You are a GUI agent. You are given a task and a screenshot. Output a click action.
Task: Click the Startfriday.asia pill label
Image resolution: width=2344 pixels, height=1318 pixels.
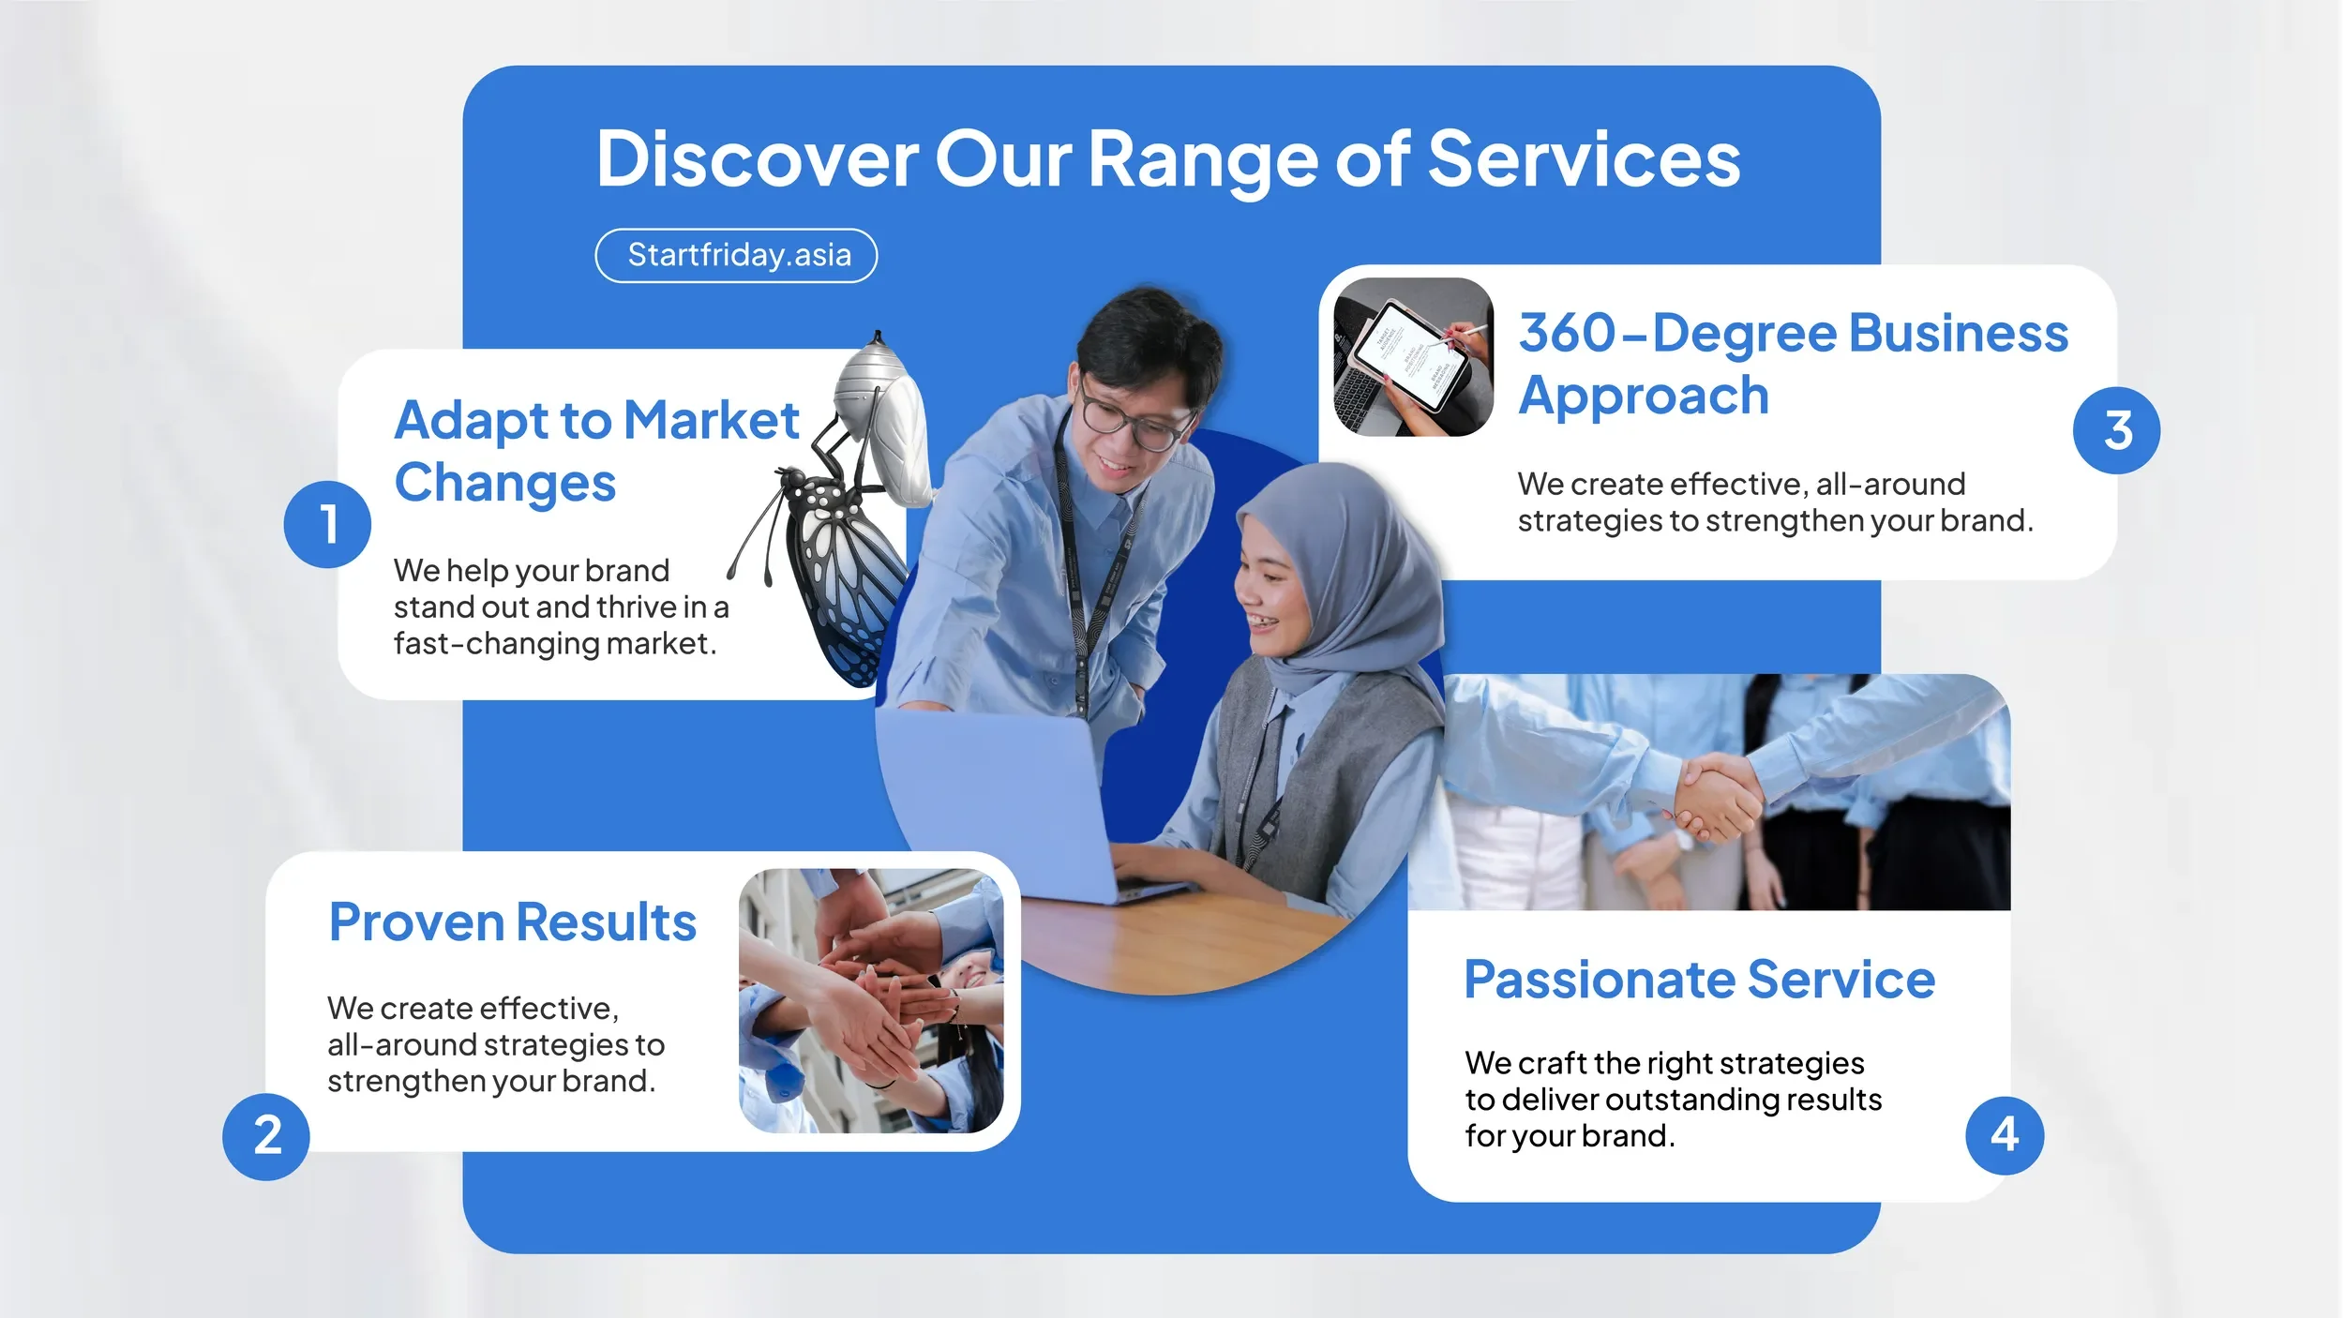pyautogui.click(x=737, y=255)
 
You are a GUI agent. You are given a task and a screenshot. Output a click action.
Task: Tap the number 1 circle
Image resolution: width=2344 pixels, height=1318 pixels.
pyautogui.click(x=327, y=524)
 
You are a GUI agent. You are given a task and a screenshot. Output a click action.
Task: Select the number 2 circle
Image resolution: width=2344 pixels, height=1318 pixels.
pyautogui.click(x=266, y=1136)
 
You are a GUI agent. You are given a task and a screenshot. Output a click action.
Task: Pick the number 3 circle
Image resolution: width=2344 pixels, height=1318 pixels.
pyautogui.click(x=2116, y=430)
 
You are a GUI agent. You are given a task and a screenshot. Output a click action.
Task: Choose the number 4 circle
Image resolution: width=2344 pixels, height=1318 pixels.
pyautogui.click(x=2004, y=1135)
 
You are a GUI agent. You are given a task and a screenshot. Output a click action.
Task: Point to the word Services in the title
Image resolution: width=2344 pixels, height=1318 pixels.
pyautogui.click(x=1584, y=159)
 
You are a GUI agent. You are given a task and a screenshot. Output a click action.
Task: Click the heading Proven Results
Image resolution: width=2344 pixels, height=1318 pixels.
pyautogui.click(x=512, y=922)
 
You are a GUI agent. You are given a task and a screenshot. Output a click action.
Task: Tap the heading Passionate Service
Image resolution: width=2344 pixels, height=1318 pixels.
pyautogui.click(x=1699, y=980)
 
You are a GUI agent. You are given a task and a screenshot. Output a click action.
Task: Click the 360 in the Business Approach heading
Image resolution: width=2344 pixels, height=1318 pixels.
pyautogui.click(x=1566, y=334)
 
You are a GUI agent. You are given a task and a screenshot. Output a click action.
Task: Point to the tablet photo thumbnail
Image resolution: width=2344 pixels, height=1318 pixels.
pyautogui.click(x=1413, y=357)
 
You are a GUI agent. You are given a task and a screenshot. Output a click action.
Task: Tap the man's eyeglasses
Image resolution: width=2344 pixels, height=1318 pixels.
pyautogui.click(x=1130, y=416)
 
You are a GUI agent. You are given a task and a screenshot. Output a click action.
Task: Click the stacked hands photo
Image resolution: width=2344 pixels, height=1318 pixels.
pyautogui.click(x=870, y=1000)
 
